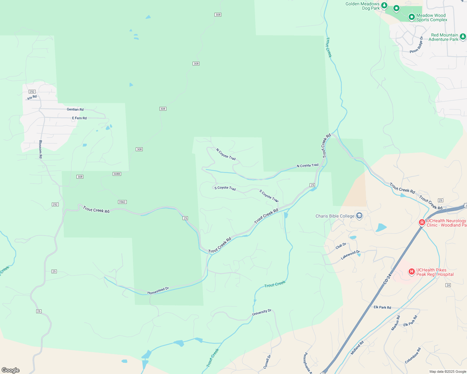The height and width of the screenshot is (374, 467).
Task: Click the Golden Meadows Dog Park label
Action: point(362,6)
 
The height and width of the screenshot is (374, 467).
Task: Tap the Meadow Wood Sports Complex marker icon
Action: point(411,17)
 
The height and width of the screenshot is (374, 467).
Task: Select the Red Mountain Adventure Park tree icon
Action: point(463,36)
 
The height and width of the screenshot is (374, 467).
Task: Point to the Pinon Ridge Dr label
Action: point(416,45)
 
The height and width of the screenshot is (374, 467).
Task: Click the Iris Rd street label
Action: point(32,98)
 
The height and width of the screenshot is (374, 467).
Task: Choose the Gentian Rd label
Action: point(75,109)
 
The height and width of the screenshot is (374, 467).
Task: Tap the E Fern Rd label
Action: point(79,118)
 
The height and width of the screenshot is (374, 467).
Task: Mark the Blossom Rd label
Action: point(41,149)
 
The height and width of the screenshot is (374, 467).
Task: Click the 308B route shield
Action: point(117,174)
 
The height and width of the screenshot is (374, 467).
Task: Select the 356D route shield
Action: point(122,202)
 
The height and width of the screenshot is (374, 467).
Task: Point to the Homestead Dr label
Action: point(158,290)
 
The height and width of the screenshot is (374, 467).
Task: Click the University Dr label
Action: point(262,313)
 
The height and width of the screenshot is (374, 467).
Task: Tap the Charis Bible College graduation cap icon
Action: point(359,216)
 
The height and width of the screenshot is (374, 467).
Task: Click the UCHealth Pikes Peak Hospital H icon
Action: point(411,271)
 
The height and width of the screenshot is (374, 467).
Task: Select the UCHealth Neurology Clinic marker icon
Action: point(422,222)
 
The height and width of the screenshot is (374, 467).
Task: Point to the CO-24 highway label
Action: point(387,279)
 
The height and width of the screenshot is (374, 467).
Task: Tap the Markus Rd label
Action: point(396,323)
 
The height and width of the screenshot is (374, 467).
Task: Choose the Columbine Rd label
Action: point(413,356)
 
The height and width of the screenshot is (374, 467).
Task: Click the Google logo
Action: point(11,370)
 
